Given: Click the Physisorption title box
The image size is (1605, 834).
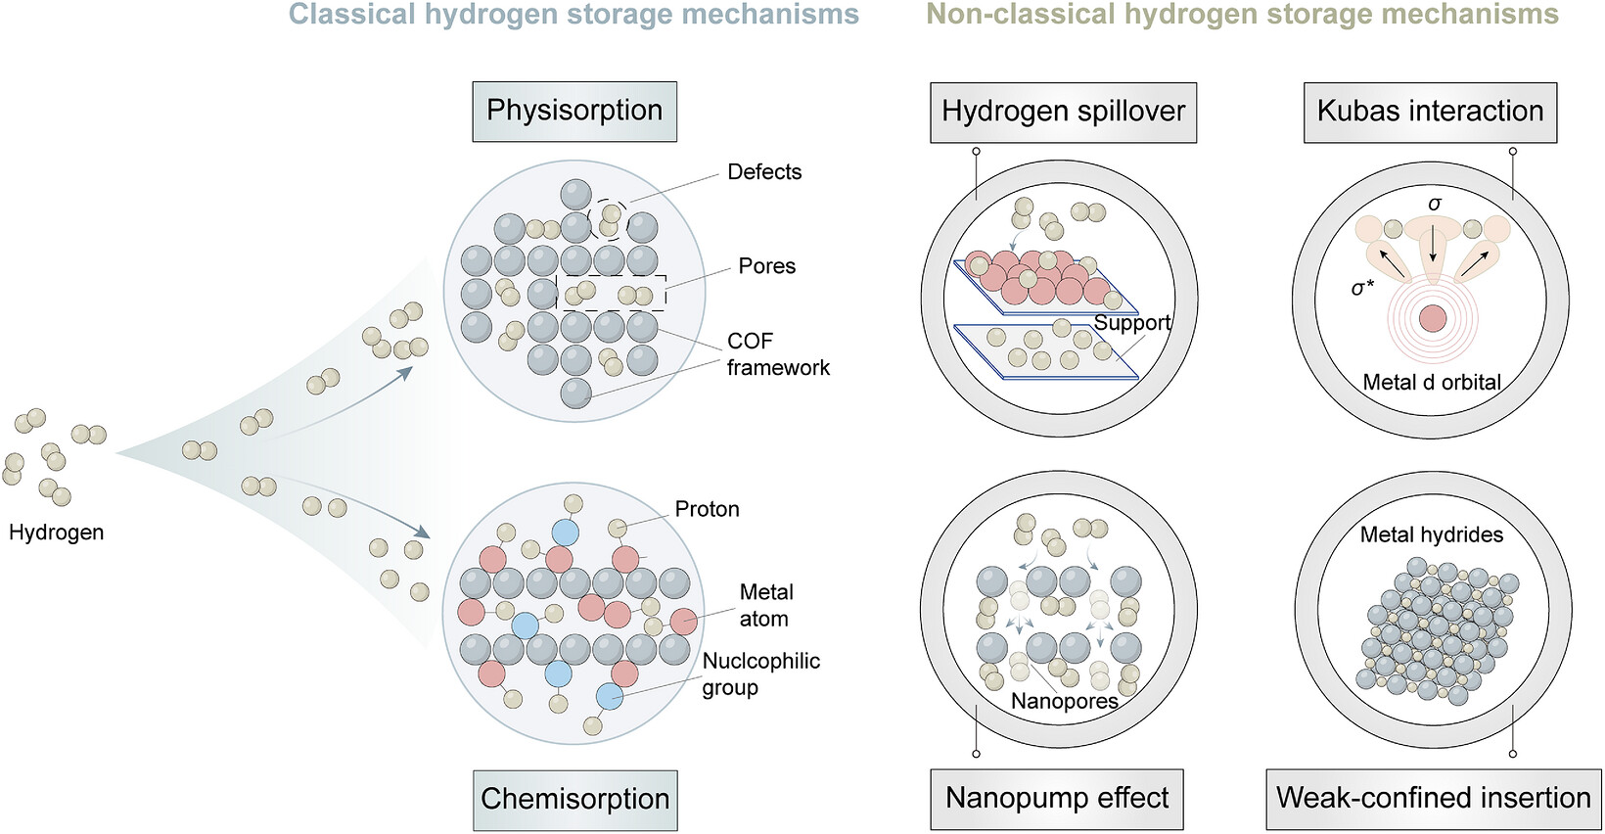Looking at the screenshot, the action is [573, 111].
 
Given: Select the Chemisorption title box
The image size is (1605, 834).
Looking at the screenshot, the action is [574, 800].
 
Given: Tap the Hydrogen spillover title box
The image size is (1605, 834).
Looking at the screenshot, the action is [1063, 112].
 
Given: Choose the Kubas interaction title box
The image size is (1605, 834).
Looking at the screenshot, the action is [1430, 112].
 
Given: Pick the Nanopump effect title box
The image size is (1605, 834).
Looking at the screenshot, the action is [1057, 799].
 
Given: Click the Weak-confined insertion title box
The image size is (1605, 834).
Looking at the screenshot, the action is [1434, 799].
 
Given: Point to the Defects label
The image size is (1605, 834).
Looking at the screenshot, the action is [764, 172].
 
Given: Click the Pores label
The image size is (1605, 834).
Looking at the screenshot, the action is [766, 266].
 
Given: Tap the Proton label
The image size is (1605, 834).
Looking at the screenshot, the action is [708, 509].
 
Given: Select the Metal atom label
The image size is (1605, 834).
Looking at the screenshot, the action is [766, 606].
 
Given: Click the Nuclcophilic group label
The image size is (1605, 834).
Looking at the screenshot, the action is [761, 673].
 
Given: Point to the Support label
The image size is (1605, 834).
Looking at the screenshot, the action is [1132, 323].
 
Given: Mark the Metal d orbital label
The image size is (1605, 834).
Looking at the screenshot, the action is [1432, 382].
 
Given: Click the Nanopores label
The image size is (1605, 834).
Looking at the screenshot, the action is [1065, 701].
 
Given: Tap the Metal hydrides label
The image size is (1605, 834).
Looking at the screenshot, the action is [1432, 534].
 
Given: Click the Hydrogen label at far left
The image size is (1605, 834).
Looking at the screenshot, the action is [57, 533].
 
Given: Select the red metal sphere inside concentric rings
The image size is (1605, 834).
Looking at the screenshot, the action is [1433, 319].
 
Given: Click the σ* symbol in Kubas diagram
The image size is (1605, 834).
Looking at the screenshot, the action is [1363, 288].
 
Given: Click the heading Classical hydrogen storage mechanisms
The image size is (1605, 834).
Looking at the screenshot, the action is [573, 15].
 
